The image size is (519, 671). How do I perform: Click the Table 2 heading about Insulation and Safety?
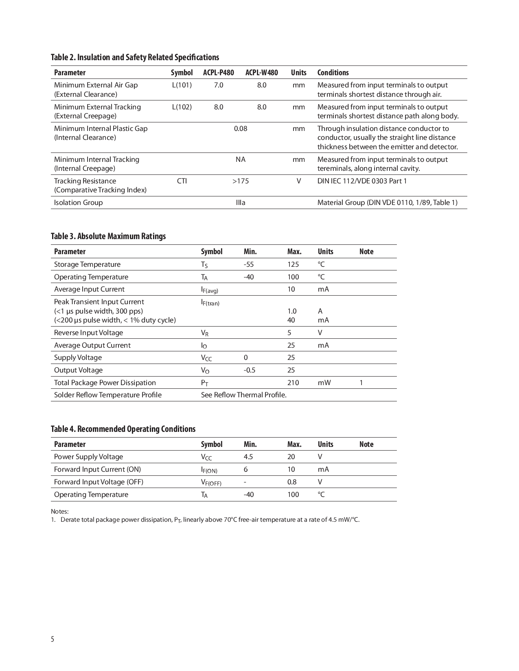[x=135, y=57]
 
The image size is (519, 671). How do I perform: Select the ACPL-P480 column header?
[x=219, y=73]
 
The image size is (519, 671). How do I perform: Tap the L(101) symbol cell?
[x=182, y=85]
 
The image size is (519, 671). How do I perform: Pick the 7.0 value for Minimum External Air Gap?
[x=219, y=85]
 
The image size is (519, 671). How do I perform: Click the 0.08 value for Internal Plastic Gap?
[x=241, y=129]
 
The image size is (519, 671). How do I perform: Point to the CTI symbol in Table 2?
[x=182, y=181]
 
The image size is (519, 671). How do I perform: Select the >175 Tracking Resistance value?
[x=241, y=181]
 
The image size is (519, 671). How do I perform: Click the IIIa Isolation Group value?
[x=241, y=203]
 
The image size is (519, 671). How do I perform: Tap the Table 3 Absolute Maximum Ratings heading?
[x=108, y=236]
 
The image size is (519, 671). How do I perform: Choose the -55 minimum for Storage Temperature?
[x=249, y=264]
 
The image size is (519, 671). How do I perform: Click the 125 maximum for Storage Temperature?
[x=293, y=264]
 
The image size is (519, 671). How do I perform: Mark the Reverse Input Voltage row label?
[x=88, y=333]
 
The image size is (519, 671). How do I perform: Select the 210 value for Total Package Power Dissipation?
[x=293, y=383]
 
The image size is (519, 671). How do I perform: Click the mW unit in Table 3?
[x=324, y=383]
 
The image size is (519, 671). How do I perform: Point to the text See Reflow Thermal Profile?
[x=244, y=395]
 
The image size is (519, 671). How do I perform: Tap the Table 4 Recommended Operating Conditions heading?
[x=123, y=429]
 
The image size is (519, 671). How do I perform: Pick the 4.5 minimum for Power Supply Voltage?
[x=248, y=457]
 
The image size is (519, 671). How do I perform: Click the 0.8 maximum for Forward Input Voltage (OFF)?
[x=292, y=482]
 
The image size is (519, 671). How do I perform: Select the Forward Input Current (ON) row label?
[x=97, y=469]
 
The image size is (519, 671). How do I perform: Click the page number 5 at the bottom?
[x=53, y=639]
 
